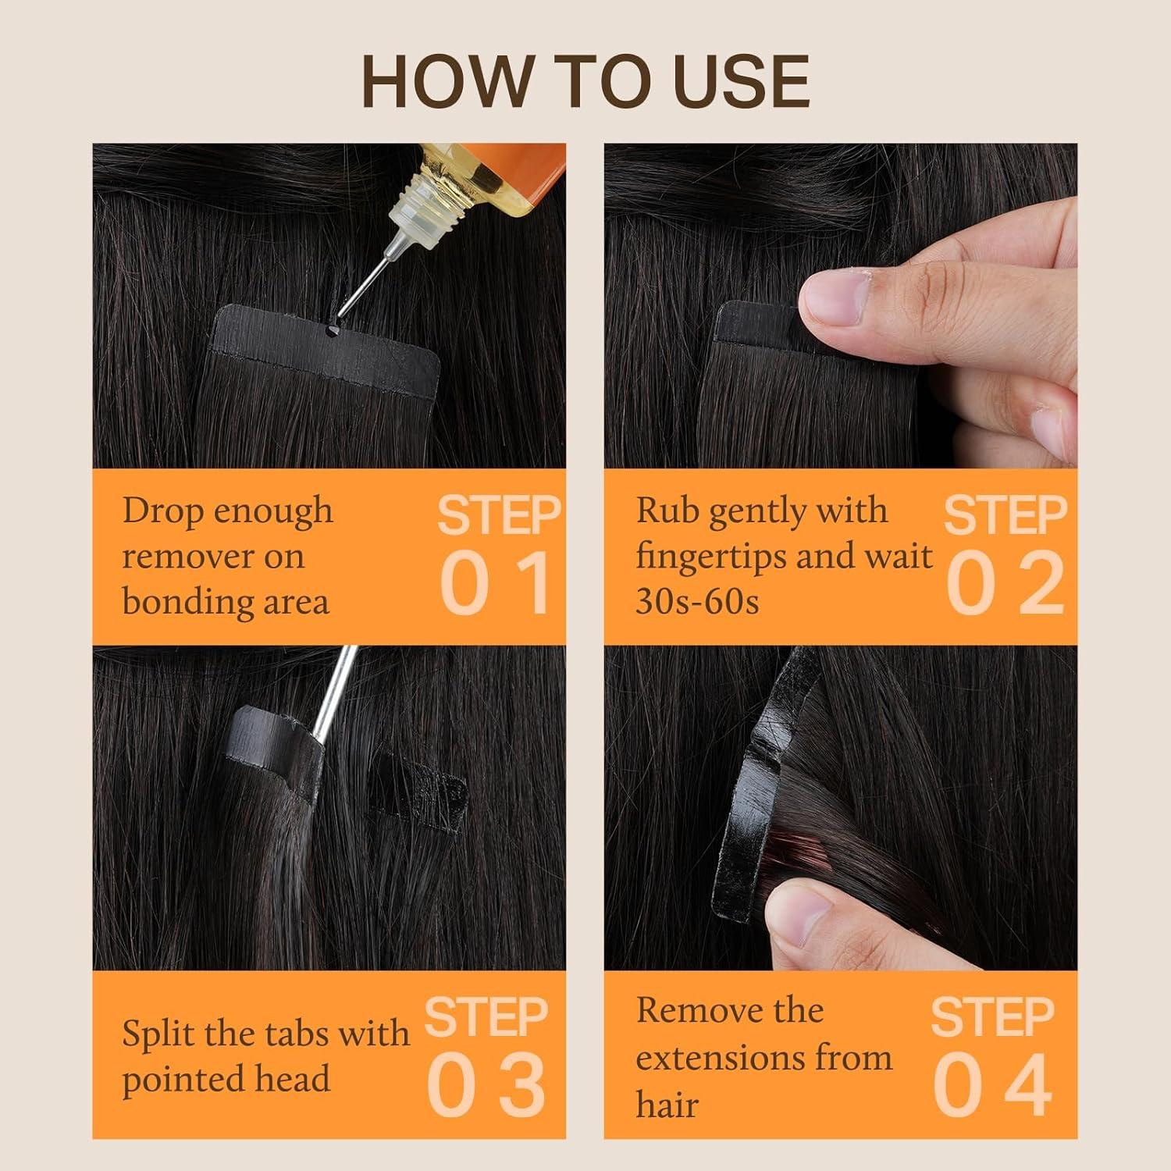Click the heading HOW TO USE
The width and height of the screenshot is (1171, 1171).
pos(585,81)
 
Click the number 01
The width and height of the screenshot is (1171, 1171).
pos(497,582)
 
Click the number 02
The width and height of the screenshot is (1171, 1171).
pos(1005,582)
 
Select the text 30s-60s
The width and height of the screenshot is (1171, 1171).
pos(697,602)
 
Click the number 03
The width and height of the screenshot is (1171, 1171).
pos(486,1085)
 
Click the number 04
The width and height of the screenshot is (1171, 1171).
pos(993,1085)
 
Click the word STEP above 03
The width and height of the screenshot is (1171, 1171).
pos(486,1017)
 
